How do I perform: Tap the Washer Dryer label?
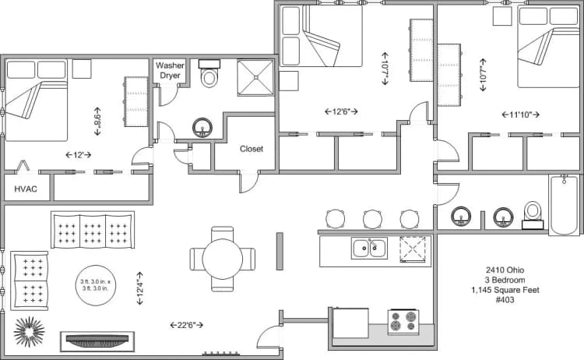(x=170, y=71)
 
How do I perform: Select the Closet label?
(x=251, y=148)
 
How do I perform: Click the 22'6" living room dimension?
(x=187, y=324)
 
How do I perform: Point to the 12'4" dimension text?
(x=140, y=287)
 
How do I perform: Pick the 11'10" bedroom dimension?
(x=519, y=115)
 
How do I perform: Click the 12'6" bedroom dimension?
(x=341, y=111)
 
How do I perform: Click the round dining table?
(x=223, y=258)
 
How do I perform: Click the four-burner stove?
(x=403, y=322)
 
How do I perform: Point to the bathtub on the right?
(x=565, y=206)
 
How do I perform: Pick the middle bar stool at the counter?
(x=371, y=219)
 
